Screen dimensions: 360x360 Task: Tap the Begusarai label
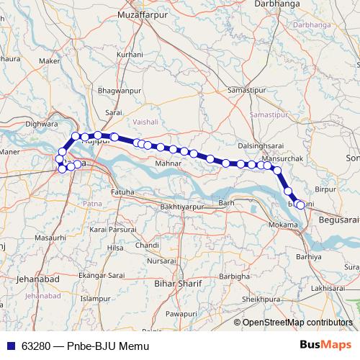(x=338, y=218)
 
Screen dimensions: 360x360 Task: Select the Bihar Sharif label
(x=177, y=283)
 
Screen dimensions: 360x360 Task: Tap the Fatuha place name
(x=122, y=192)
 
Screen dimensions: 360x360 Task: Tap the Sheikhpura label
(x=260, y=297)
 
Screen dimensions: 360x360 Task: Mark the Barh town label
(x=227, y=204)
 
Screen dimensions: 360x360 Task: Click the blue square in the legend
(x=10, y=346)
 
